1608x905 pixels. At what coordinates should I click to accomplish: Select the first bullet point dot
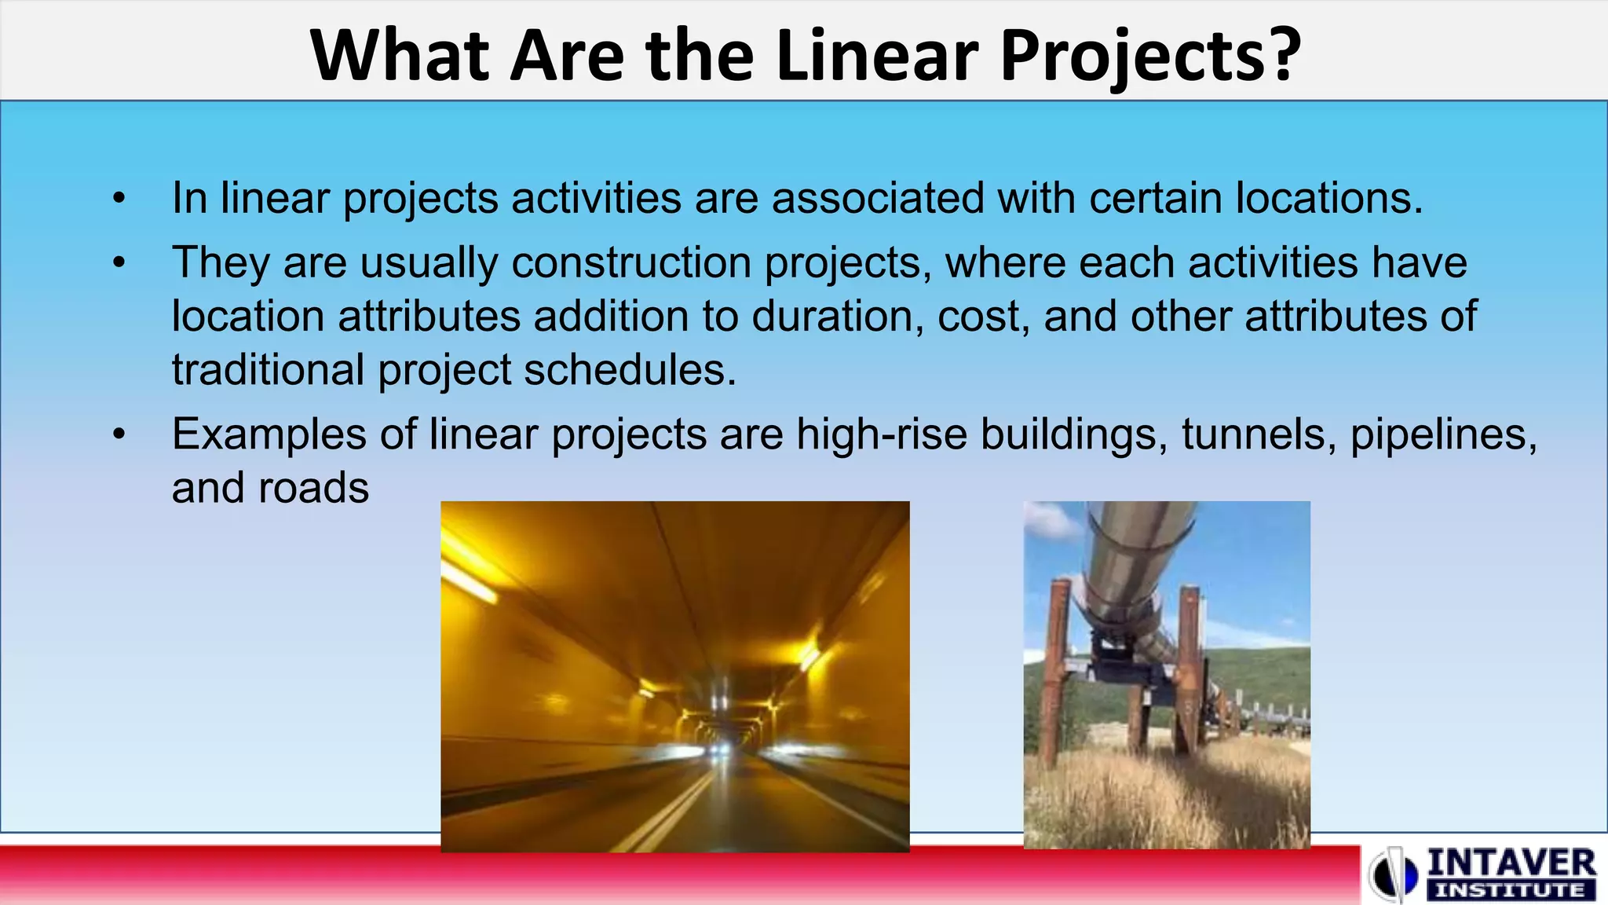pos(119,198)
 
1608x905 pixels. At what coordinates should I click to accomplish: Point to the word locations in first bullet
pos(1328,198)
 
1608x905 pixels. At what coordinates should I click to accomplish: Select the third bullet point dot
pos(119,434)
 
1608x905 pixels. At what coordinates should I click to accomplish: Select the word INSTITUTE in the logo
pos(1511,890)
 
